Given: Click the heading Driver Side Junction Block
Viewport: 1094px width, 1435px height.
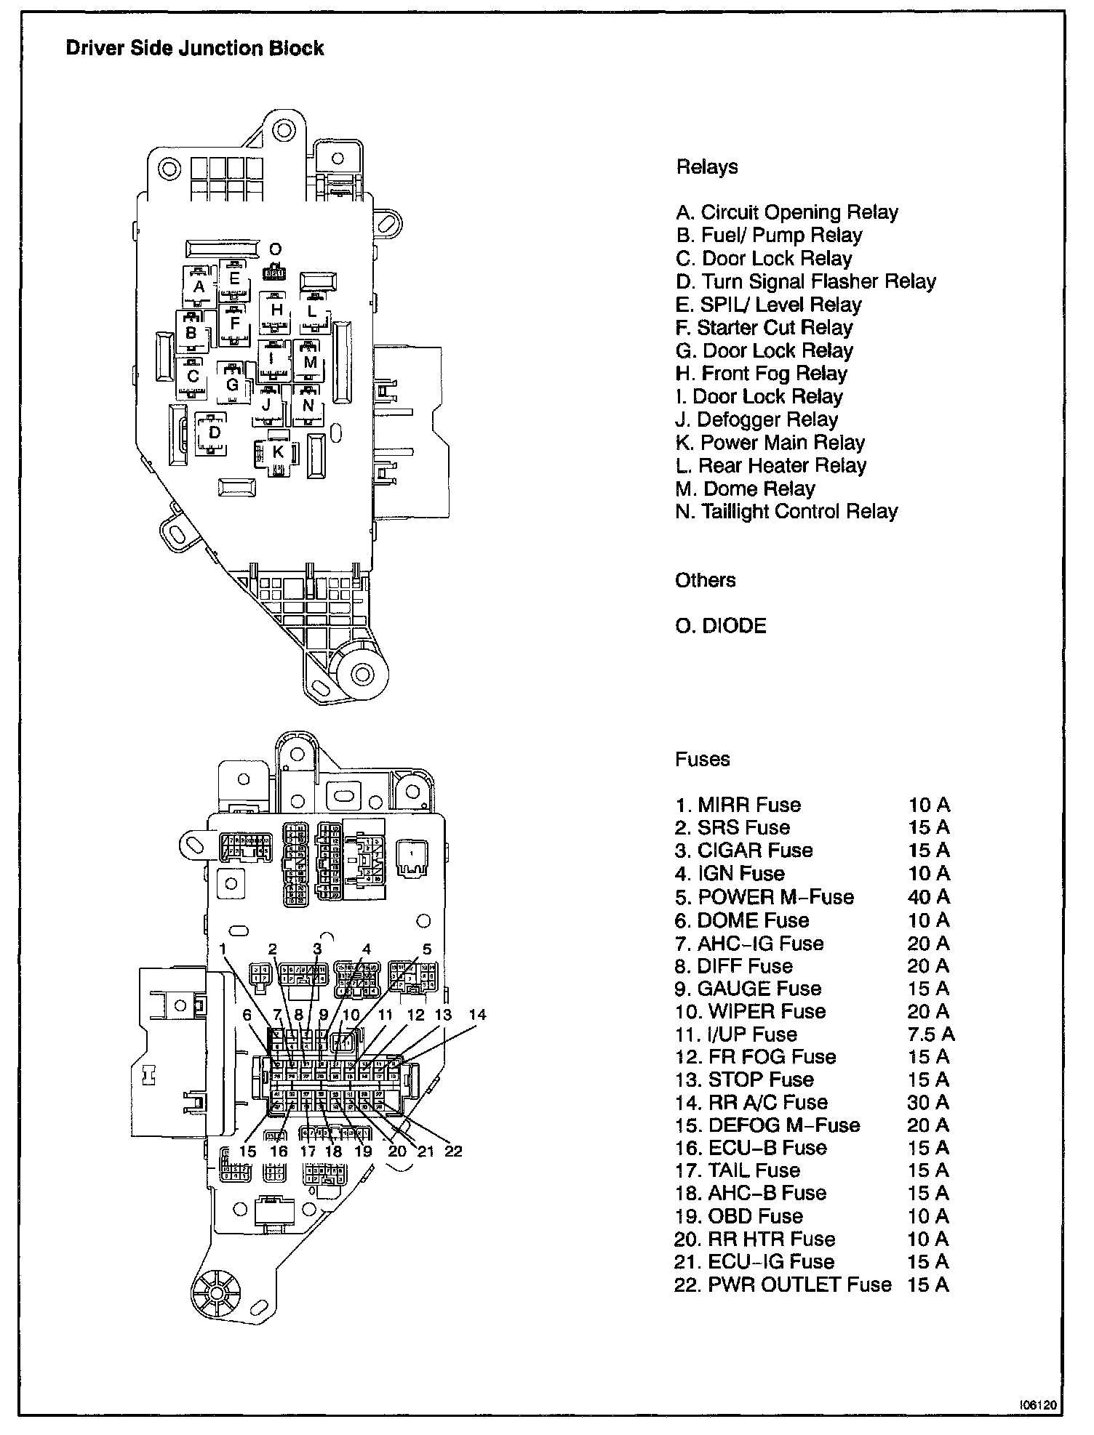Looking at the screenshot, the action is (x=195, y=49).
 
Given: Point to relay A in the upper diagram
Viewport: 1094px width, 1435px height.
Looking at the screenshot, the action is (x=199, y=286).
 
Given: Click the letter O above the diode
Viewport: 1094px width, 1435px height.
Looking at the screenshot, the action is (x=275, y=250).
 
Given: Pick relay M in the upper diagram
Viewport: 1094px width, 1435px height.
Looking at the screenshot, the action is (x=310, y=361).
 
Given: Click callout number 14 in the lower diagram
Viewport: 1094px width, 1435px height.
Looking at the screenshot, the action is (x=477, y=1015).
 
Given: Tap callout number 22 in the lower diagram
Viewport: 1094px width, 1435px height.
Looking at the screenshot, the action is (x=453, y=1151).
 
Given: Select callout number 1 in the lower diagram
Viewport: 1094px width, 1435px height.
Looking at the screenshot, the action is (x=224, y=949).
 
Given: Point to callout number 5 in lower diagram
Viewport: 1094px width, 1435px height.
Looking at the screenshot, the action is (x=427, y=949).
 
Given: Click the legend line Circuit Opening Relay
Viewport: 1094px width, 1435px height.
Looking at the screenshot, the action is (x=787, y=212).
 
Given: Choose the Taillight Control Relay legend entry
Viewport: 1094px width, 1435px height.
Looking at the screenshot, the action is (x=786, y=512).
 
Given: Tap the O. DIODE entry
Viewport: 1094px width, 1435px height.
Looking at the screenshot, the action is (x=721, y=626).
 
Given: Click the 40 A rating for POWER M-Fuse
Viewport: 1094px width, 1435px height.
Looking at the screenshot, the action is (x=928, y=897).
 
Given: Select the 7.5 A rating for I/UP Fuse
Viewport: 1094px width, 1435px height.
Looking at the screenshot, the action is (x=931, y=1034).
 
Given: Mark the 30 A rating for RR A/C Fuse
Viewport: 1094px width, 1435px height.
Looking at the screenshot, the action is (x=928, y=1103).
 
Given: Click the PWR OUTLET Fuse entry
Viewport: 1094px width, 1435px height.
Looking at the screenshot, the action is (x=783, y=1285).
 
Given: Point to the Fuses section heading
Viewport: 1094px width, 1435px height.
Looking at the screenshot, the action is (x=702, y=760).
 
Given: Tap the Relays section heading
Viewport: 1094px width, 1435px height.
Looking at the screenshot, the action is (x=707, y=167).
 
